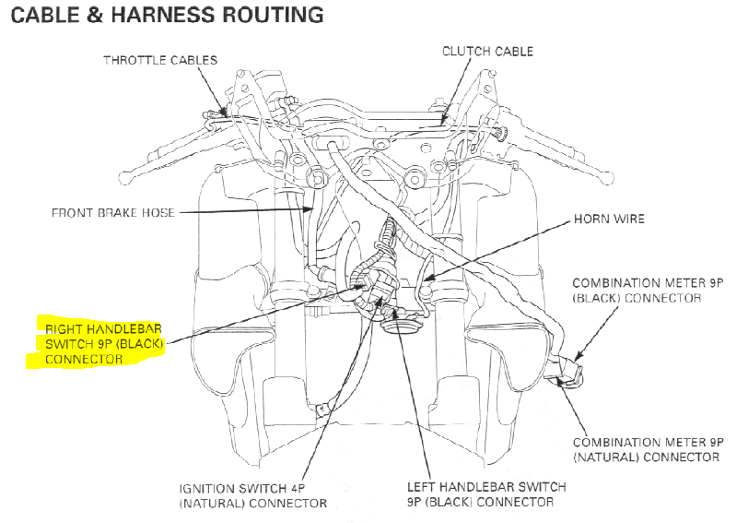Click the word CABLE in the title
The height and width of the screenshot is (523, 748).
coord(45,15)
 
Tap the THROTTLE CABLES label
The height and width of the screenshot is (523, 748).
coord(160,60)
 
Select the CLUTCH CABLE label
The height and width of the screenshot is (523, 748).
coord(487,51)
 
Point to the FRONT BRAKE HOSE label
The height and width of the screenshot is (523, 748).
coord(113,212)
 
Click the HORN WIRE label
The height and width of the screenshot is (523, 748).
coord(609,219)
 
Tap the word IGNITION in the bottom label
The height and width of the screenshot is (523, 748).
coord(206,489)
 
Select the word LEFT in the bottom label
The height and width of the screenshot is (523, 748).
coord(421,487)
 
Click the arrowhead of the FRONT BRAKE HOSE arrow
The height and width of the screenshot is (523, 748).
coord(310,208)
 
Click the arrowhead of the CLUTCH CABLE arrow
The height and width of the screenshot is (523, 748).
coord(443,122)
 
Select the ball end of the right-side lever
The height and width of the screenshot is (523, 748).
coord(607,179)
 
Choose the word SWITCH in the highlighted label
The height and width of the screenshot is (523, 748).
coord(64,344)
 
